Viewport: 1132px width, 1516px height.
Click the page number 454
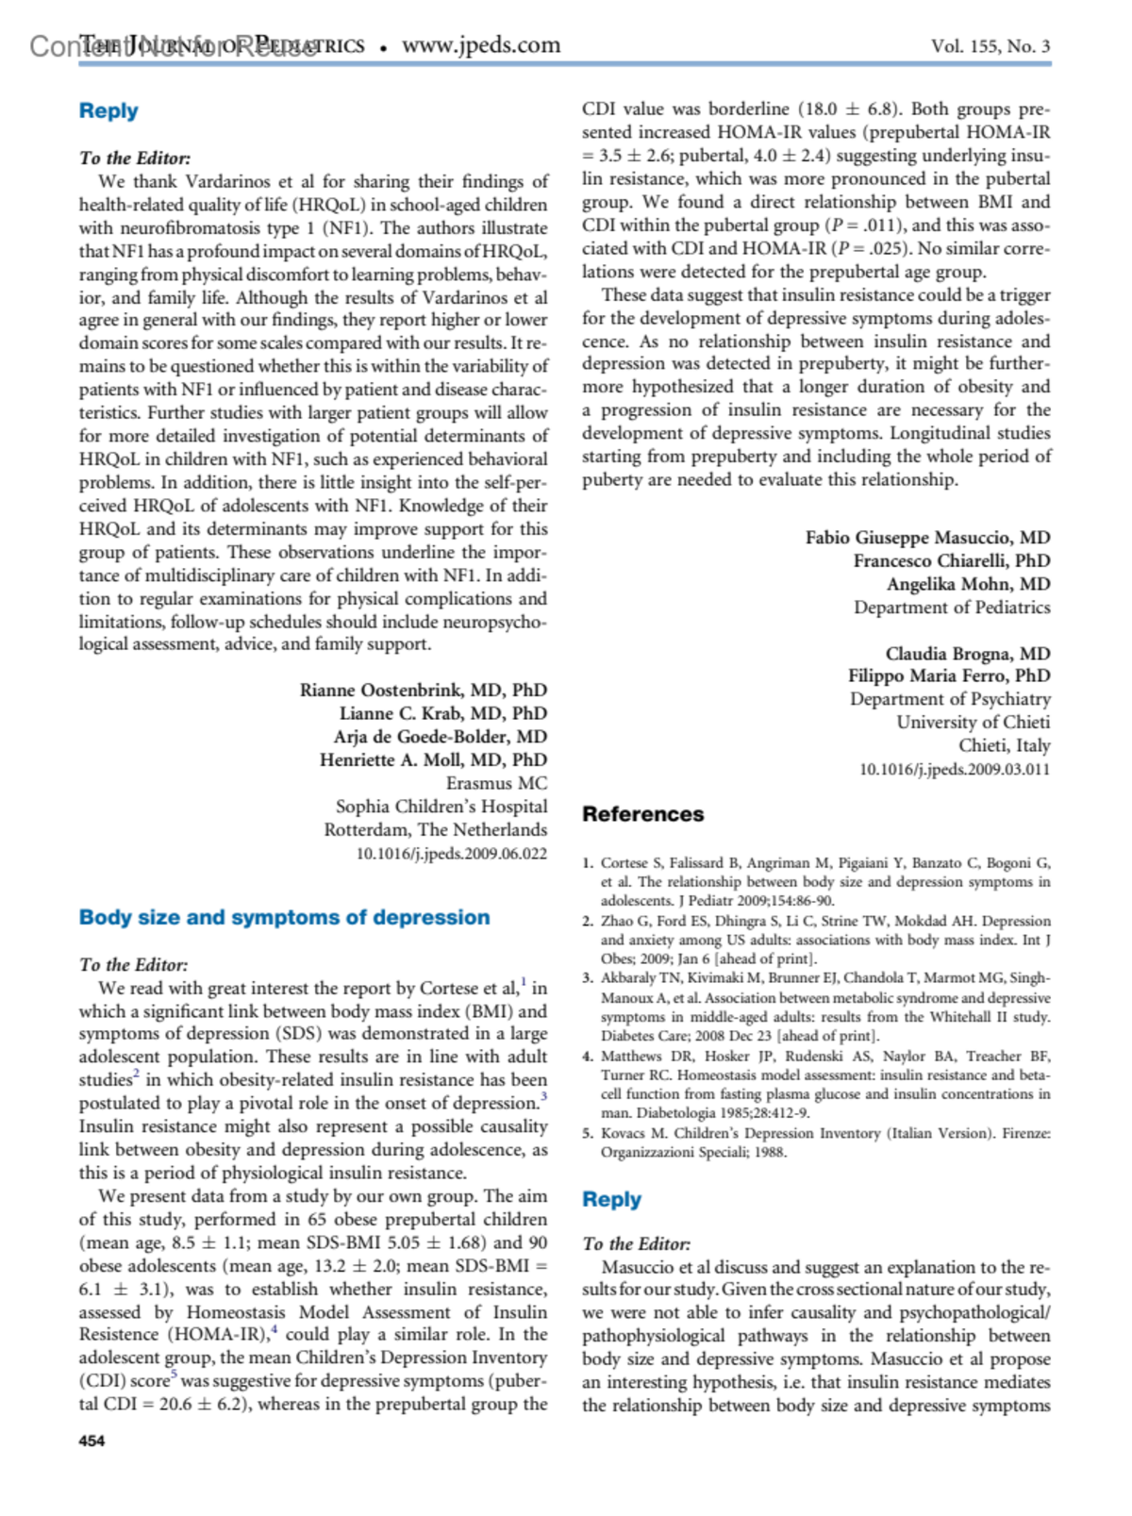point(92,1441)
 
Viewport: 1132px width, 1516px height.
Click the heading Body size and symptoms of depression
point(284,917)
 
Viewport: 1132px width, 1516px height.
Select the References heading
point(642,814)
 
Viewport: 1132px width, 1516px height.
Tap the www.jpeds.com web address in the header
point(481,45)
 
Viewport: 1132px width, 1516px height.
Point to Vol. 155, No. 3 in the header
point(990,46)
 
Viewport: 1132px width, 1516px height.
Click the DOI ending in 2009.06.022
point(451,854)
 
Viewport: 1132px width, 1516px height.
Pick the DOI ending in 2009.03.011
point(954,770)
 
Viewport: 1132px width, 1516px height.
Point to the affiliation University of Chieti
point(973,723)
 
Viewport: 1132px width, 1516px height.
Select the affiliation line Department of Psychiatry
point(950,699)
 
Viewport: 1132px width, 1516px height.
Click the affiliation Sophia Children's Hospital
point(441,807)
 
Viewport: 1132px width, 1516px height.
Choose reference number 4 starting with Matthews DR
point(816,1085)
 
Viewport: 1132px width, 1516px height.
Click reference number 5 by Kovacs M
point(816,1142)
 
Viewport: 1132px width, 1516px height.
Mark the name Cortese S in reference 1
point(624,863)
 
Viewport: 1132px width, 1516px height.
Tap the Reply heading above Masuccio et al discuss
point(611,1200)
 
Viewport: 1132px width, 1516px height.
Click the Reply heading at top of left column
point(108,111)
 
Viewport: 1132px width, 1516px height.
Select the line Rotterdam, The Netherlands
point(435,830)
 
